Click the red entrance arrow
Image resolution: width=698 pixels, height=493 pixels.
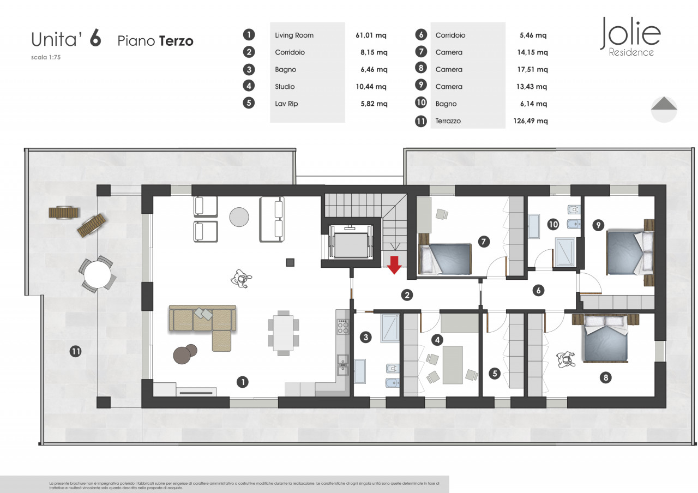point(394,265)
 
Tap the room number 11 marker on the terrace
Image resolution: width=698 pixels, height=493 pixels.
point(75,352)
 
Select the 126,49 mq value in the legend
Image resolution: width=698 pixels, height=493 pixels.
point(531,121)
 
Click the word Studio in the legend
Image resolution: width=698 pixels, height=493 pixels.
point(285,87)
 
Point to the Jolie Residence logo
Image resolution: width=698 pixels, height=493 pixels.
point(630,37)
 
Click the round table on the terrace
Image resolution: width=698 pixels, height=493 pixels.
point(97,274)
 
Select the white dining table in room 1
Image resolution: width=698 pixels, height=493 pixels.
point(283,333)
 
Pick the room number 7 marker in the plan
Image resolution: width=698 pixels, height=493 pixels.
point(484,242)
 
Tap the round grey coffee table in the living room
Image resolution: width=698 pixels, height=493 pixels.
point(239,217)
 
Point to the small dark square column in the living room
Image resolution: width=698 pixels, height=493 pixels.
point(290,262)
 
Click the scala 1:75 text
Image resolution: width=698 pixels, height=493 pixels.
point(46,57)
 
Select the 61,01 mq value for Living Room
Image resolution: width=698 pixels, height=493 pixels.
point(371,35)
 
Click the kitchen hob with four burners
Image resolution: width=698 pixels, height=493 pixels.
point(343,326)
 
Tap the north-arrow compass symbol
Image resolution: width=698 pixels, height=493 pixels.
point(664,110)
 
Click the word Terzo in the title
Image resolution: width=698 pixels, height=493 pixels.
point(176,41)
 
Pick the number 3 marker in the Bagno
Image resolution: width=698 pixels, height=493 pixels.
point(366,337)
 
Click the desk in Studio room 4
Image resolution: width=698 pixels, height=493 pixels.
point(453,365)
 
